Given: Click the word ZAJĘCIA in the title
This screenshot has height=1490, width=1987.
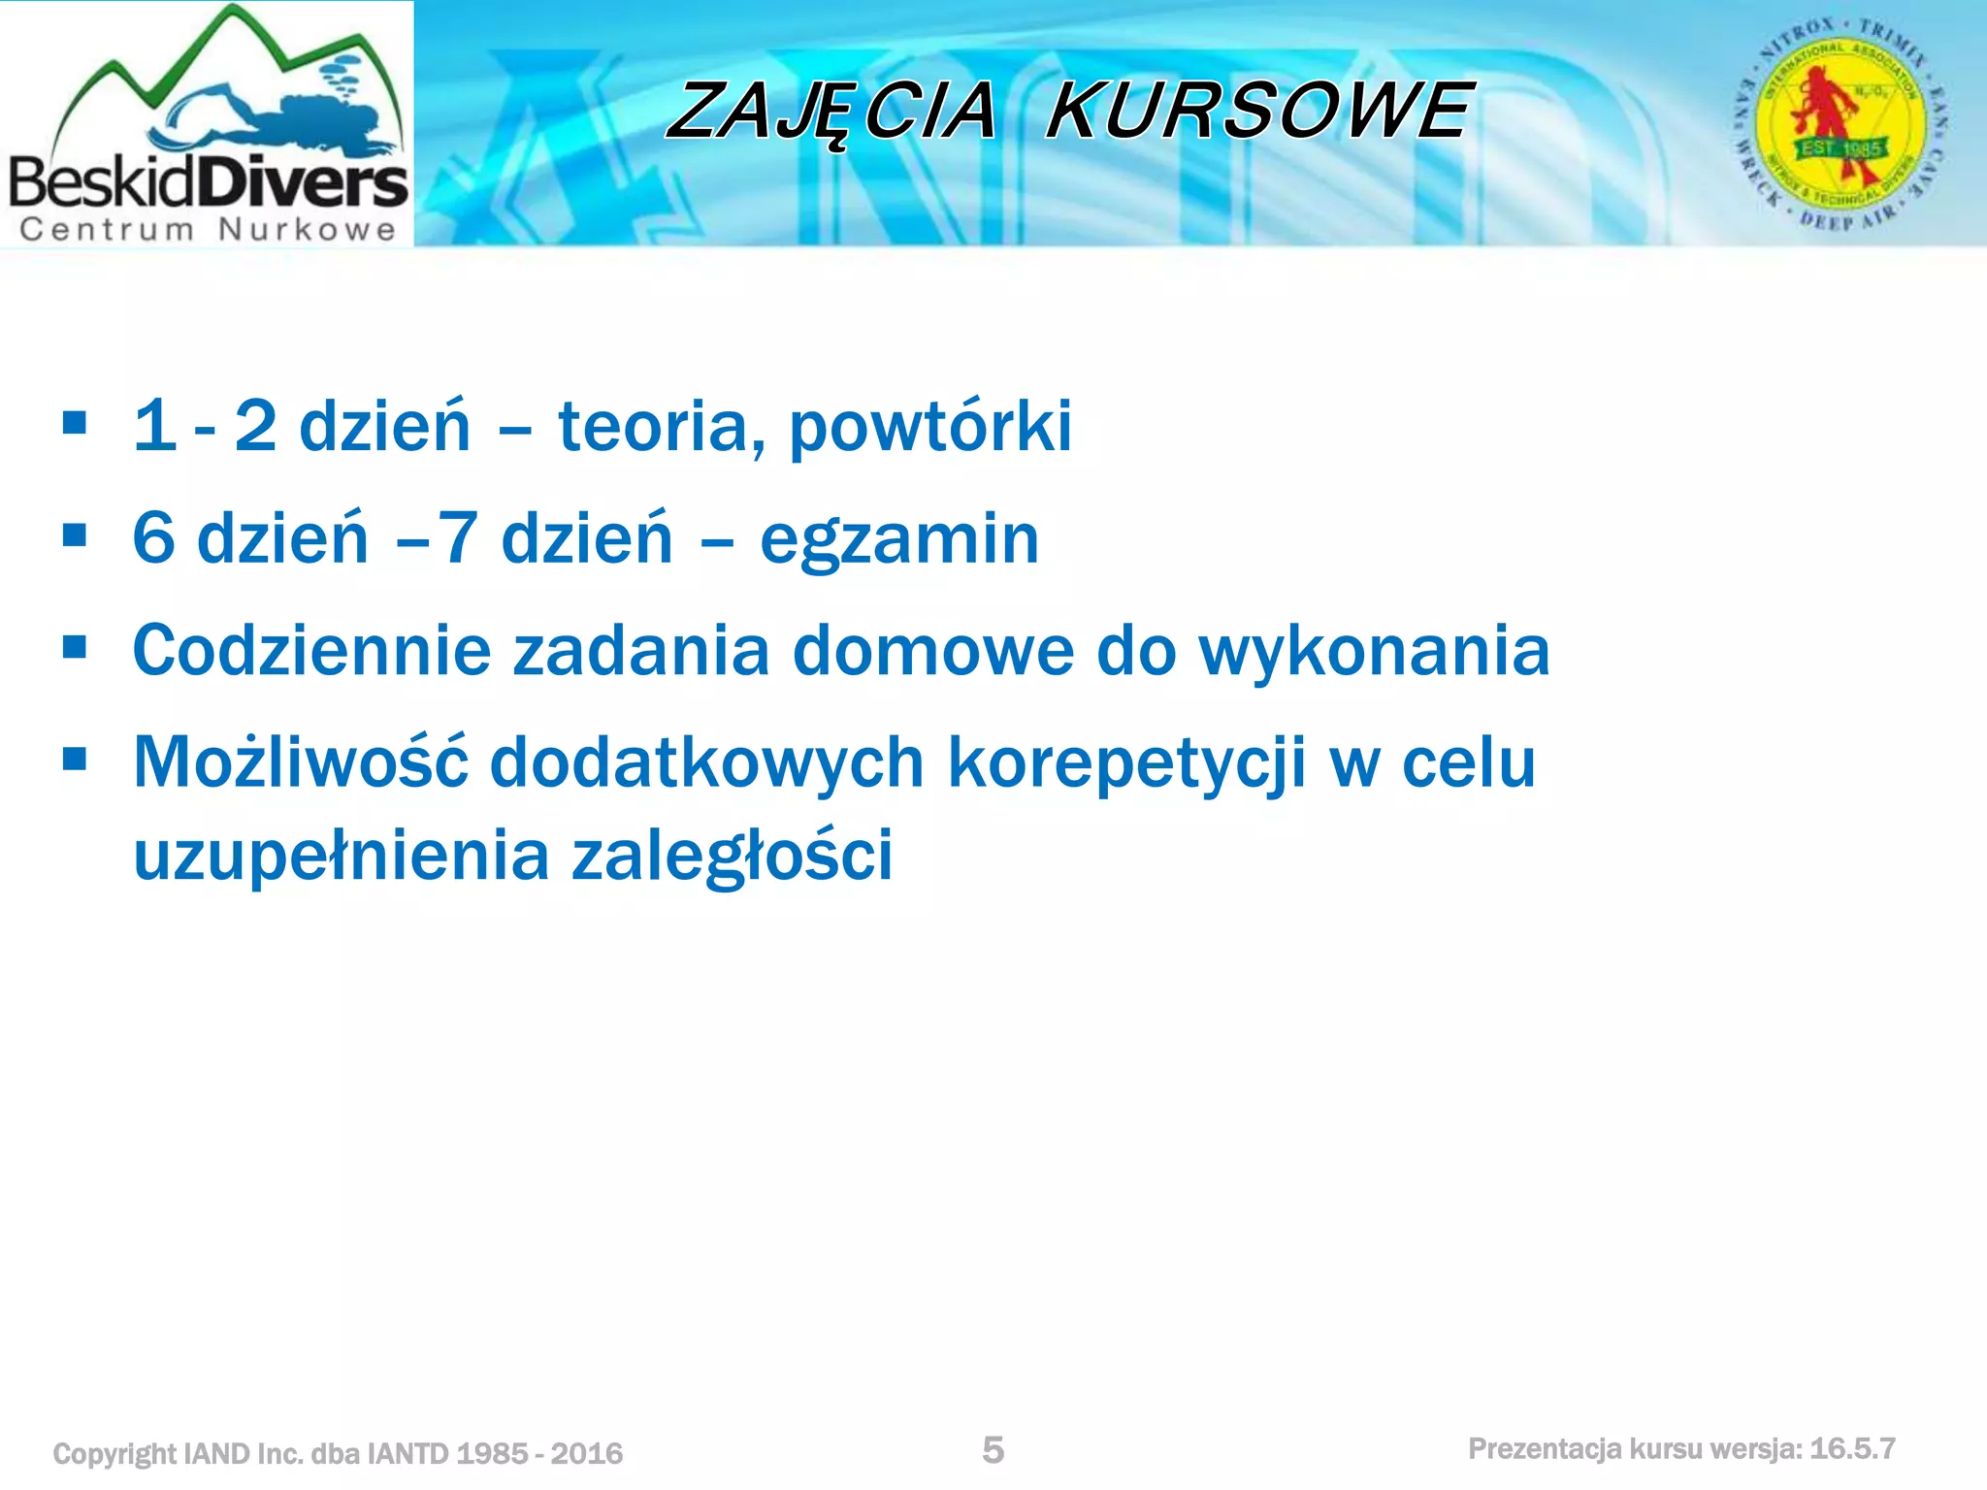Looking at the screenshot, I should tap(832, 111).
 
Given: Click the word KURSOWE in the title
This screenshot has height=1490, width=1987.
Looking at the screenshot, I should tap(1259, 111).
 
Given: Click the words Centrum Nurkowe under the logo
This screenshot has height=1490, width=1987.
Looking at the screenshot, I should tap(208, 230).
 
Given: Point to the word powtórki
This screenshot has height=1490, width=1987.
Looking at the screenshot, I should tap(929, 427).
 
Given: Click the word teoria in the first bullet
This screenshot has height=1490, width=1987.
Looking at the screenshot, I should tap(660, 427).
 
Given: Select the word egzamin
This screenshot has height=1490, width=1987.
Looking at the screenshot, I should tap(898, 539).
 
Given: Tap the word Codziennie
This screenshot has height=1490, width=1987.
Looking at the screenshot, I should tap(311, 650).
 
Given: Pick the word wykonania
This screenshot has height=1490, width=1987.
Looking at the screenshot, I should tap(1374, 650).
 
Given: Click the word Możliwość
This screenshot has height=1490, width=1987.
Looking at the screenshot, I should tap(301, 762).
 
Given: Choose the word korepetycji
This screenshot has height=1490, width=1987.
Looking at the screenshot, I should tap(1126, 764).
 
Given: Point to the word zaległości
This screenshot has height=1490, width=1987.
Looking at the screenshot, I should tap(732, 856).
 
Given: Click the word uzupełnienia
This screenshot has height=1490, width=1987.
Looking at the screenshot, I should tap(341, 856).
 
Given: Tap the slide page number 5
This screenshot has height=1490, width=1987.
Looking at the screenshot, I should tap(993, 1449).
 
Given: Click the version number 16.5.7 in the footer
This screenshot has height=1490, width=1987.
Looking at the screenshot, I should tap(1852, 1449).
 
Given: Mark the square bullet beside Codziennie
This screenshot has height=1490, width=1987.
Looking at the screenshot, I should tap(75, 647).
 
